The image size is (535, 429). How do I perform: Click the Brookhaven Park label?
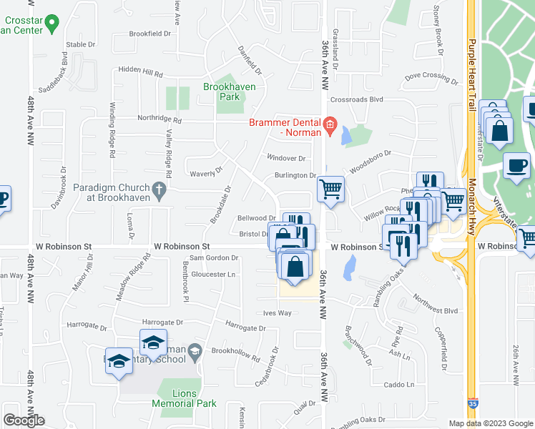pos(229,92)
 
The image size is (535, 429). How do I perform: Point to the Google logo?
pos(24,420)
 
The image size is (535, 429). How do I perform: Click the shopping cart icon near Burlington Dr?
pos(330,190)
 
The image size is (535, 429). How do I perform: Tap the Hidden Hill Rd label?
pos(141,74)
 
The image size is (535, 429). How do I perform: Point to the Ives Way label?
pos(278,313)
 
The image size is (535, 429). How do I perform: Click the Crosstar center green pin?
pos(51,25)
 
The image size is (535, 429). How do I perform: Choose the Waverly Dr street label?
pos(206,172)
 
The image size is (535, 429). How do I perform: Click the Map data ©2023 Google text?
pos(490,423)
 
